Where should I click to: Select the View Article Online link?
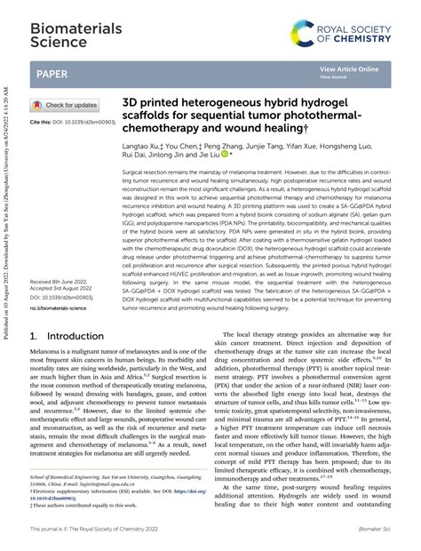click(x=349, y=68)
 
